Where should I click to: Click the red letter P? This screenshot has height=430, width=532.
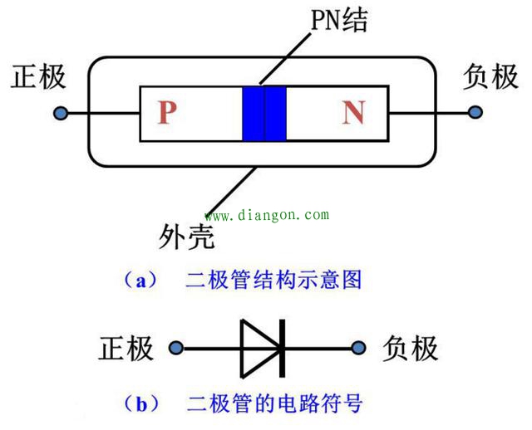[167, 113]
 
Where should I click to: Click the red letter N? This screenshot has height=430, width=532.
[353, 113]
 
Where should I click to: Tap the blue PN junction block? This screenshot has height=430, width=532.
[264, 113]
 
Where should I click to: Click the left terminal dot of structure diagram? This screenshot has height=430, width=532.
[60, 113]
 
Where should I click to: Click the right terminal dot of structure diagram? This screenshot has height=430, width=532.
[475, 113]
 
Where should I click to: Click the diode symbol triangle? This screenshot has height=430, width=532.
[259, 347]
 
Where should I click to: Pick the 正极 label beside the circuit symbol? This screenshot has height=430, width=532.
[126, 348]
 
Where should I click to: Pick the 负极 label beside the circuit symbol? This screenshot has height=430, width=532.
[410, 348]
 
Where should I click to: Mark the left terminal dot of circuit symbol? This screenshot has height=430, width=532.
[175, 348]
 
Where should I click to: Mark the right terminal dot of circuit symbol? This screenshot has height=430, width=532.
[359, 348]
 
